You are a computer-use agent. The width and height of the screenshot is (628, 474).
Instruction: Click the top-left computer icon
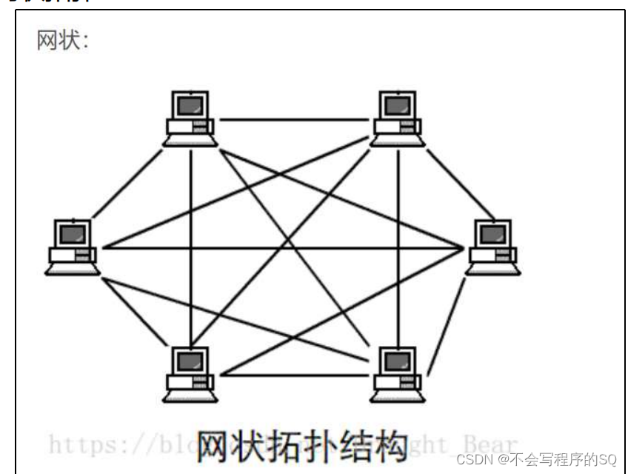(x=190, y=118)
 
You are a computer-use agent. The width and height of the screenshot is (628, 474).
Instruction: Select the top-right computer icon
(x=398, y=118)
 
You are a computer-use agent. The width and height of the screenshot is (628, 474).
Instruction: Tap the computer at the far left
(x=72, y=247)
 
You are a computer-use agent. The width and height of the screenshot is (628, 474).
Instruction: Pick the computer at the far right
(x=493, y=247)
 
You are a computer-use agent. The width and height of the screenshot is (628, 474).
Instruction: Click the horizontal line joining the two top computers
(x=293, y=119)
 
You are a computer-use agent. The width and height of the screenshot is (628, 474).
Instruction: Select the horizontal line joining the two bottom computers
(x=293, y=375)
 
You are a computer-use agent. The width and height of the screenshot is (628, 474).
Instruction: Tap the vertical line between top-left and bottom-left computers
(x=190, y=244)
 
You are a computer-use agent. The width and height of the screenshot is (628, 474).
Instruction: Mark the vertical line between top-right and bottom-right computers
(x=398, y=244)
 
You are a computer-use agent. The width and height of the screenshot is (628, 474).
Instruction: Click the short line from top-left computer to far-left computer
(x=127, y=182)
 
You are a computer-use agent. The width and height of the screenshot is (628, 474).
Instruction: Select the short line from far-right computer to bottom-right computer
(x=447, y=326)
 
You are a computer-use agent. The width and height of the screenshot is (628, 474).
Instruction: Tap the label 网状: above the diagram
(x=63, y=40)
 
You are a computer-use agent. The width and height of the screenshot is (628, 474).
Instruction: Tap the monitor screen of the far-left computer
(x=73, y=235)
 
